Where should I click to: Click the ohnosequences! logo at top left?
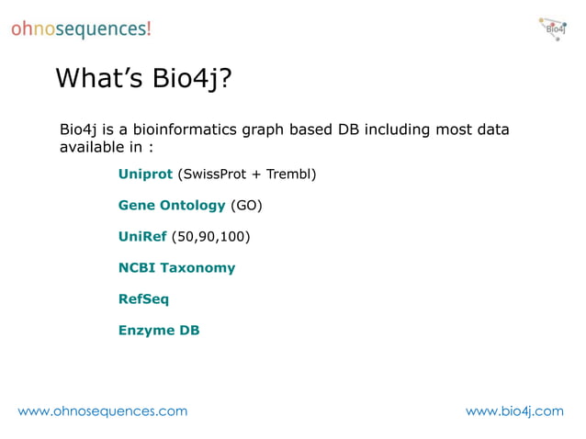point(81,28)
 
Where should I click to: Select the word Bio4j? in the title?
point(190,81)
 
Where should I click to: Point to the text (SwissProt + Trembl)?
point(247,174)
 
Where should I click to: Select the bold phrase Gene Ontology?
point(172,205)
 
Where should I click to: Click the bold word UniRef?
point(142,236)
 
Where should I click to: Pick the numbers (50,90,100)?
point(210,236)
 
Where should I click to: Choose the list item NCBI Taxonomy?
point(176,267)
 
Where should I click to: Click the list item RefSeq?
point(143,298)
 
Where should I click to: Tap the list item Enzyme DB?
point(159,330)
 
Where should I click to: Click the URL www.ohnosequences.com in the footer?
point(103,411)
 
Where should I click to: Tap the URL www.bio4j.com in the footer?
point(514,411)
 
